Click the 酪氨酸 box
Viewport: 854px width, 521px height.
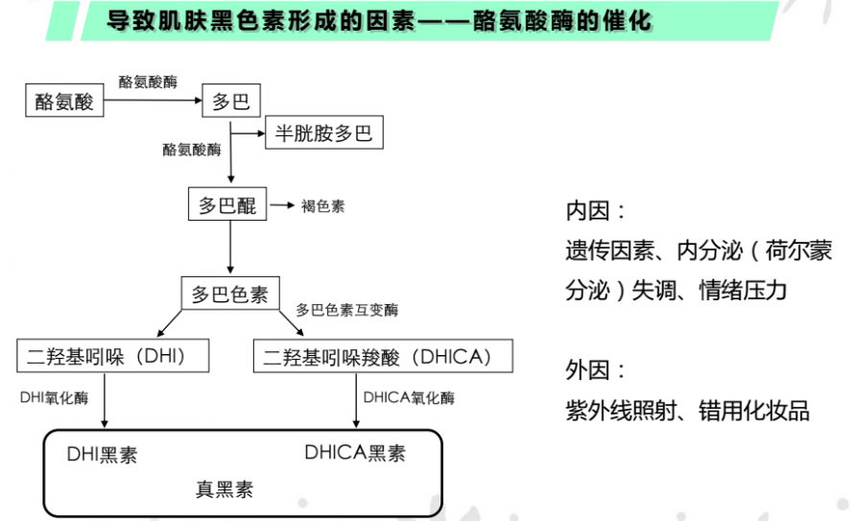click(64, 100)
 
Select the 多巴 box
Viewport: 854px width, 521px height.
click(231, 100)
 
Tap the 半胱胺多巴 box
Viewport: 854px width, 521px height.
click(324, 132)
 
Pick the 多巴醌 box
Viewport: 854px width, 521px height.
click(227, 204)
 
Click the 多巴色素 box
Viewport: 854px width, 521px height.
click(230, 294)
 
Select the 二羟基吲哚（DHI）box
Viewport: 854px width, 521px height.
click(112, 356)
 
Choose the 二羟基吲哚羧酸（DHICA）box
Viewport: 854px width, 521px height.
click(383, 356)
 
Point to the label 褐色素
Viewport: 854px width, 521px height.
click(323, 205)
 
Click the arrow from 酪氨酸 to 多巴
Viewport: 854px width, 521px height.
click(153, 100)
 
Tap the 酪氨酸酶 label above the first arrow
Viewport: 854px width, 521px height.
click(148, 82)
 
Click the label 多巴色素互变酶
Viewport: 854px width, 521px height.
click(347, 310)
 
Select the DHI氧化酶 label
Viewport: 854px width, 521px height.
click(54, 397)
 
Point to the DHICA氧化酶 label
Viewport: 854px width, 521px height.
click(409, 397)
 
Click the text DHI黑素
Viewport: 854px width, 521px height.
click(102, 454)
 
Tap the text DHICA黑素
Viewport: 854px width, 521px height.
click(355, 453)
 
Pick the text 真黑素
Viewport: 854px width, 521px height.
click(225, 489)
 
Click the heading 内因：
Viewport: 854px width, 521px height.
click(596, 211)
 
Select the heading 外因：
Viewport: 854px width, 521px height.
click(596, 370)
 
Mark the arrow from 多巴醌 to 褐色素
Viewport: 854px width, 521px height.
click(283, 205)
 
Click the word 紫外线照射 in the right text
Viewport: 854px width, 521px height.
click(621, 411)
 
